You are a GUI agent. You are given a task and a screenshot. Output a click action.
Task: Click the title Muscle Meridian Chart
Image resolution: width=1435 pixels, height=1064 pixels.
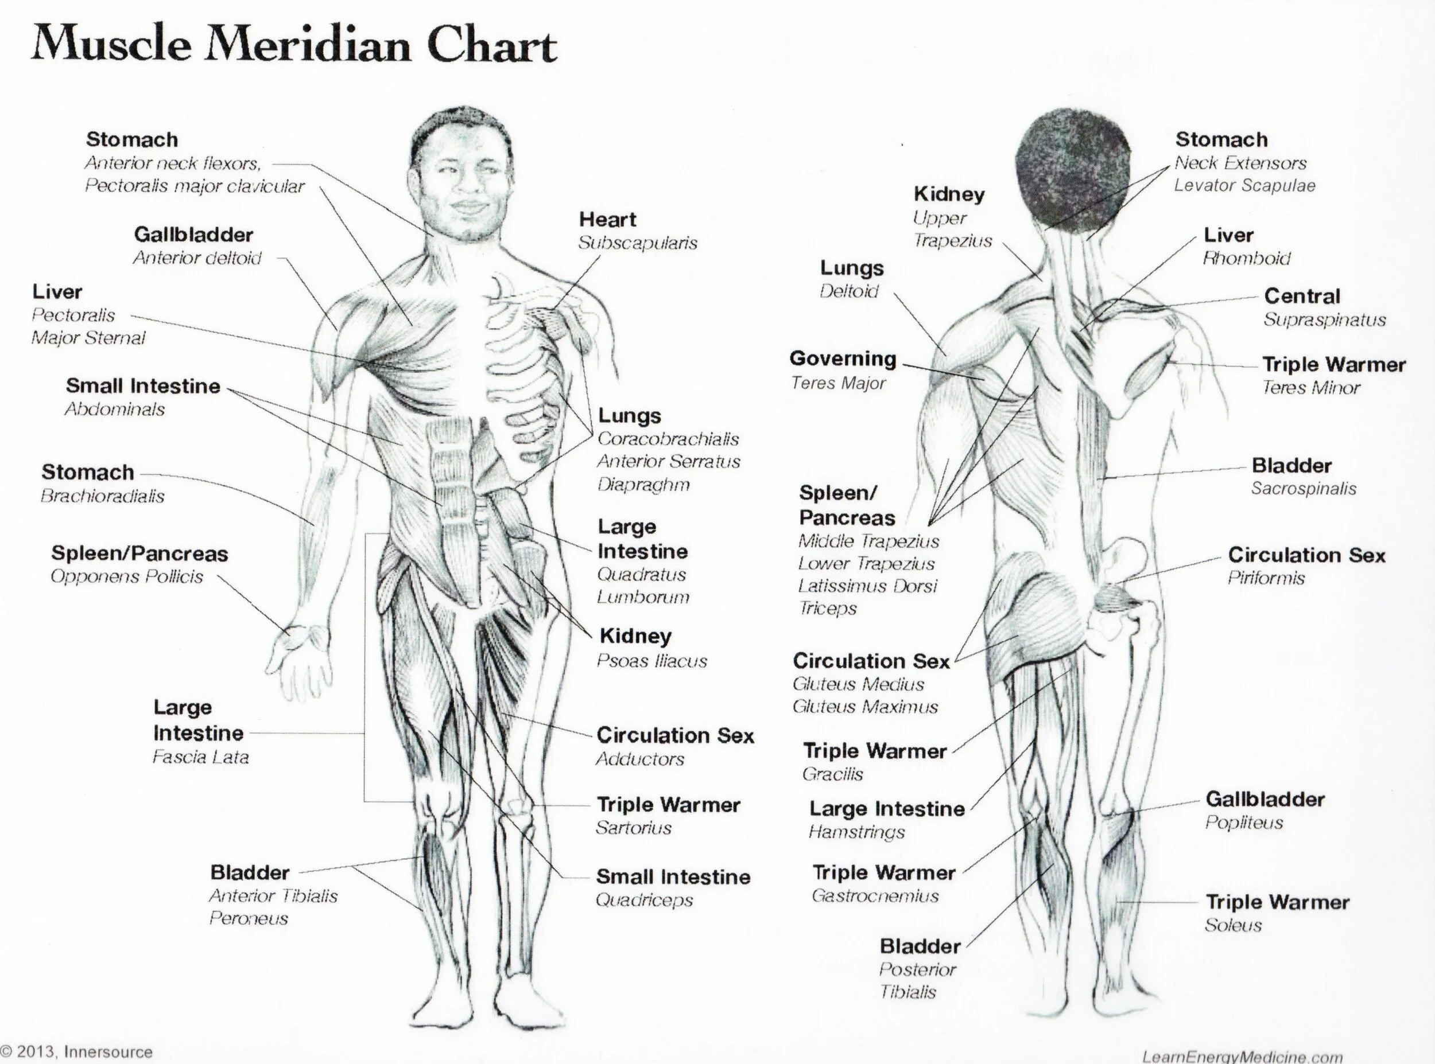[294, 45]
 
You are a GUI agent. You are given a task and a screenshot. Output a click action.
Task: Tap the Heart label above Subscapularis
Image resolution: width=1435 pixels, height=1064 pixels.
[607, 220]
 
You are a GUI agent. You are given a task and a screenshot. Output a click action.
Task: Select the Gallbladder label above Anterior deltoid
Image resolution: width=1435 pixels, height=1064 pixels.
[193, 235]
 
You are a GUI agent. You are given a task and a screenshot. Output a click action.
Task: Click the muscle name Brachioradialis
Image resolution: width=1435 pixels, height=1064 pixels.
[102, 496]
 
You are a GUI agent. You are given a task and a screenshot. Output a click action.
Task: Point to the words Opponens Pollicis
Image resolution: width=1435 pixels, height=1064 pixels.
[127, 576]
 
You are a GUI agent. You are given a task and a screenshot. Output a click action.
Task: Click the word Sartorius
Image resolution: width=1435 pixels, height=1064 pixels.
[634, 828]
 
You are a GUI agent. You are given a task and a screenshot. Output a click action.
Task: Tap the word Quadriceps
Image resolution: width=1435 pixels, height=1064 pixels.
[643, 900]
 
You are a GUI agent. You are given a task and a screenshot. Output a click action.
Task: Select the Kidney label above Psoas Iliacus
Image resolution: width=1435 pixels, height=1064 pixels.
[635, 636]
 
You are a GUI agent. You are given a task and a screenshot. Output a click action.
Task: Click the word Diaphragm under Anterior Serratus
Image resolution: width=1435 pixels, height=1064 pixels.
[643, 484]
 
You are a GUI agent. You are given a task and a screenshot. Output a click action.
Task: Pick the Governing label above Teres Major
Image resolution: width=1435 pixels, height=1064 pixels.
[843, 358]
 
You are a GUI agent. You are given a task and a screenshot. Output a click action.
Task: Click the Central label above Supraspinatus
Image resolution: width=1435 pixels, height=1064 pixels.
[1302, 297]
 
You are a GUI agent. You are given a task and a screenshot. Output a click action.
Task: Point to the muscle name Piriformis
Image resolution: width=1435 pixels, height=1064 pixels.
[1266, 578]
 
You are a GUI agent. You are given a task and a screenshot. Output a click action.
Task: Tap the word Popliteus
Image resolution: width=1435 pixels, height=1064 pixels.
[1244, 823]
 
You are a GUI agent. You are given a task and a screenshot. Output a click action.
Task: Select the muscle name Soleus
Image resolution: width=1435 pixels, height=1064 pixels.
[1233, 926]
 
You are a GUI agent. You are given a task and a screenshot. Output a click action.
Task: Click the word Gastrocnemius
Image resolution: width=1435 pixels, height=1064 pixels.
[874, 896]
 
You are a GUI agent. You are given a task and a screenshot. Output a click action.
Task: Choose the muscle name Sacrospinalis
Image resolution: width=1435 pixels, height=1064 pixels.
[1303, 489]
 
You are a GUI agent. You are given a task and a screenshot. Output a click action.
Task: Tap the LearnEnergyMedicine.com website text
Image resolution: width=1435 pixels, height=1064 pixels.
[1242, 1057]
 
